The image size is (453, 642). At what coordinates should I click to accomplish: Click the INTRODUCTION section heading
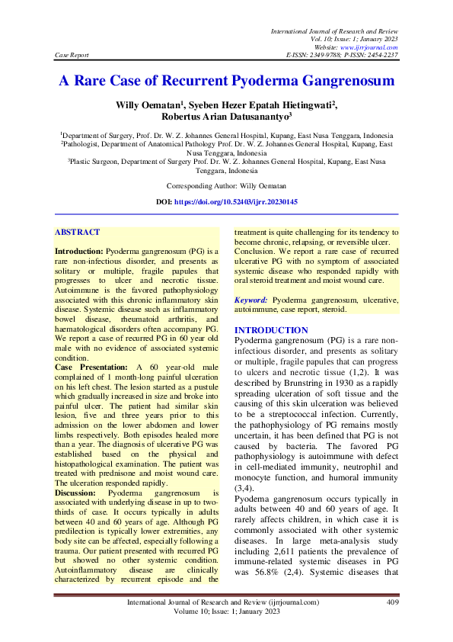(x=271, y=330)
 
